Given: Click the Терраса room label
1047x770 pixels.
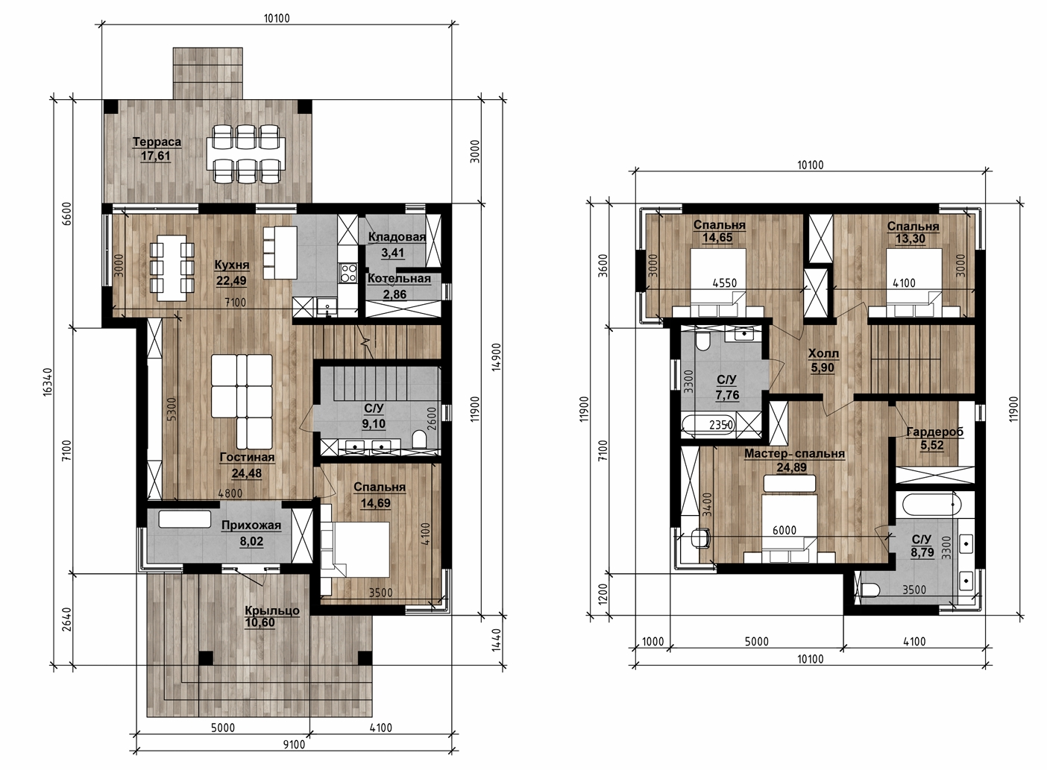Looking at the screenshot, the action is pos(157,142).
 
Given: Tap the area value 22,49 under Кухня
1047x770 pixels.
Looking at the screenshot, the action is pos(231,281).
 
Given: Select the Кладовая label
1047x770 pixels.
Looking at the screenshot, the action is pos(397,237).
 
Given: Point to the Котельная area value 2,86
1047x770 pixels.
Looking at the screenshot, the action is pos(394,294).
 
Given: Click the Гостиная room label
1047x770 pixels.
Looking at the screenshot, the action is pos(247,458).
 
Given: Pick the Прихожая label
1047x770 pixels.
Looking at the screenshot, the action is pos(251,526).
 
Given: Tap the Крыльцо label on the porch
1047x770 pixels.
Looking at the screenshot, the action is pos(272,610).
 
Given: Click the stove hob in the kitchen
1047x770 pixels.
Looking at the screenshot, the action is pos(348,273).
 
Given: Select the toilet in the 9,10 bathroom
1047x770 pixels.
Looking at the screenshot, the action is pos(419,439).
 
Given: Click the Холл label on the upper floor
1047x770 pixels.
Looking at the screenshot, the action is pos(823,354).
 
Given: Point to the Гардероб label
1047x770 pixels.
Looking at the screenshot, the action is pos(935,432).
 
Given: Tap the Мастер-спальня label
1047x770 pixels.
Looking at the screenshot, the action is pos(794,454).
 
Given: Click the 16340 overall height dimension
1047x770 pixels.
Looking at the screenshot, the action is pos(47,382).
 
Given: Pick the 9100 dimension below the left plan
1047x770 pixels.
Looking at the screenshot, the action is pos(294,745).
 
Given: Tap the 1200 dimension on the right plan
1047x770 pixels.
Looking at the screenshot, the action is pos(603,593).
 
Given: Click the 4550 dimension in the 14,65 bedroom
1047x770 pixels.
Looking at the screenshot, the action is pos(725,283).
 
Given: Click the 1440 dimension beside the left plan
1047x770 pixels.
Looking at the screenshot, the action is pos(497,640).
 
